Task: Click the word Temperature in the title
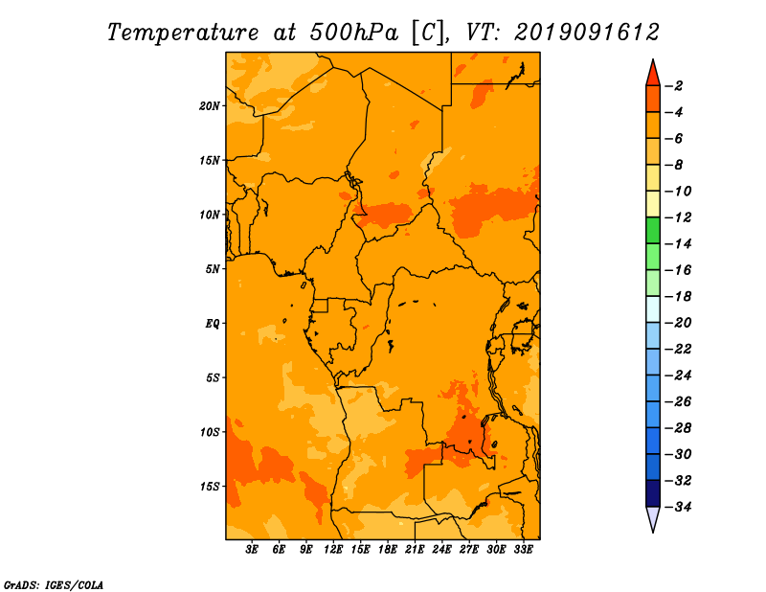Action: point(183,33)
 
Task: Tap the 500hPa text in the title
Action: point(353,33)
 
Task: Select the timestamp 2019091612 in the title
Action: point(587,33)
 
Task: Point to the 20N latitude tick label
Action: point(210,105)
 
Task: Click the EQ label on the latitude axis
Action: point(213,324)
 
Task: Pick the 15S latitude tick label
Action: point(210,487)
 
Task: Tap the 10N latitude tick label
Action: point(210,215)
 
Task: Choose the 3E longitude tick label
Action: point(252,549)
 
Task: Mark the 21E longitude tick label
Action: point(415,549)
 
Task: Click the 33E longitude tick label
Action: point(523,549)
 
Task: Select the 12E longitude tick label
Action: point(333,549)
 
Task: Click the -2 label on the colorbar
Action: point(675,86)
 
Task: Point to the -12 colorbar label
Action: point(678,217)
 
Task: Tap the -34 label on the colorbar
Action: point(678,507)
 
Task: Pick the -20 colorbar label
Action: point(678,323)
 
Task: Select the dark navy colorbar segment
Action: point(653,493)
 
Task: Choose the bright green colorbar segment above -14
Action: point(653,230)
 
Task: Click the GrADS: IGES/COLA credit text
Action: point(54,585)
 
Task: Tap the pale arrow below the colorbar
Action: point(653,517)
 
